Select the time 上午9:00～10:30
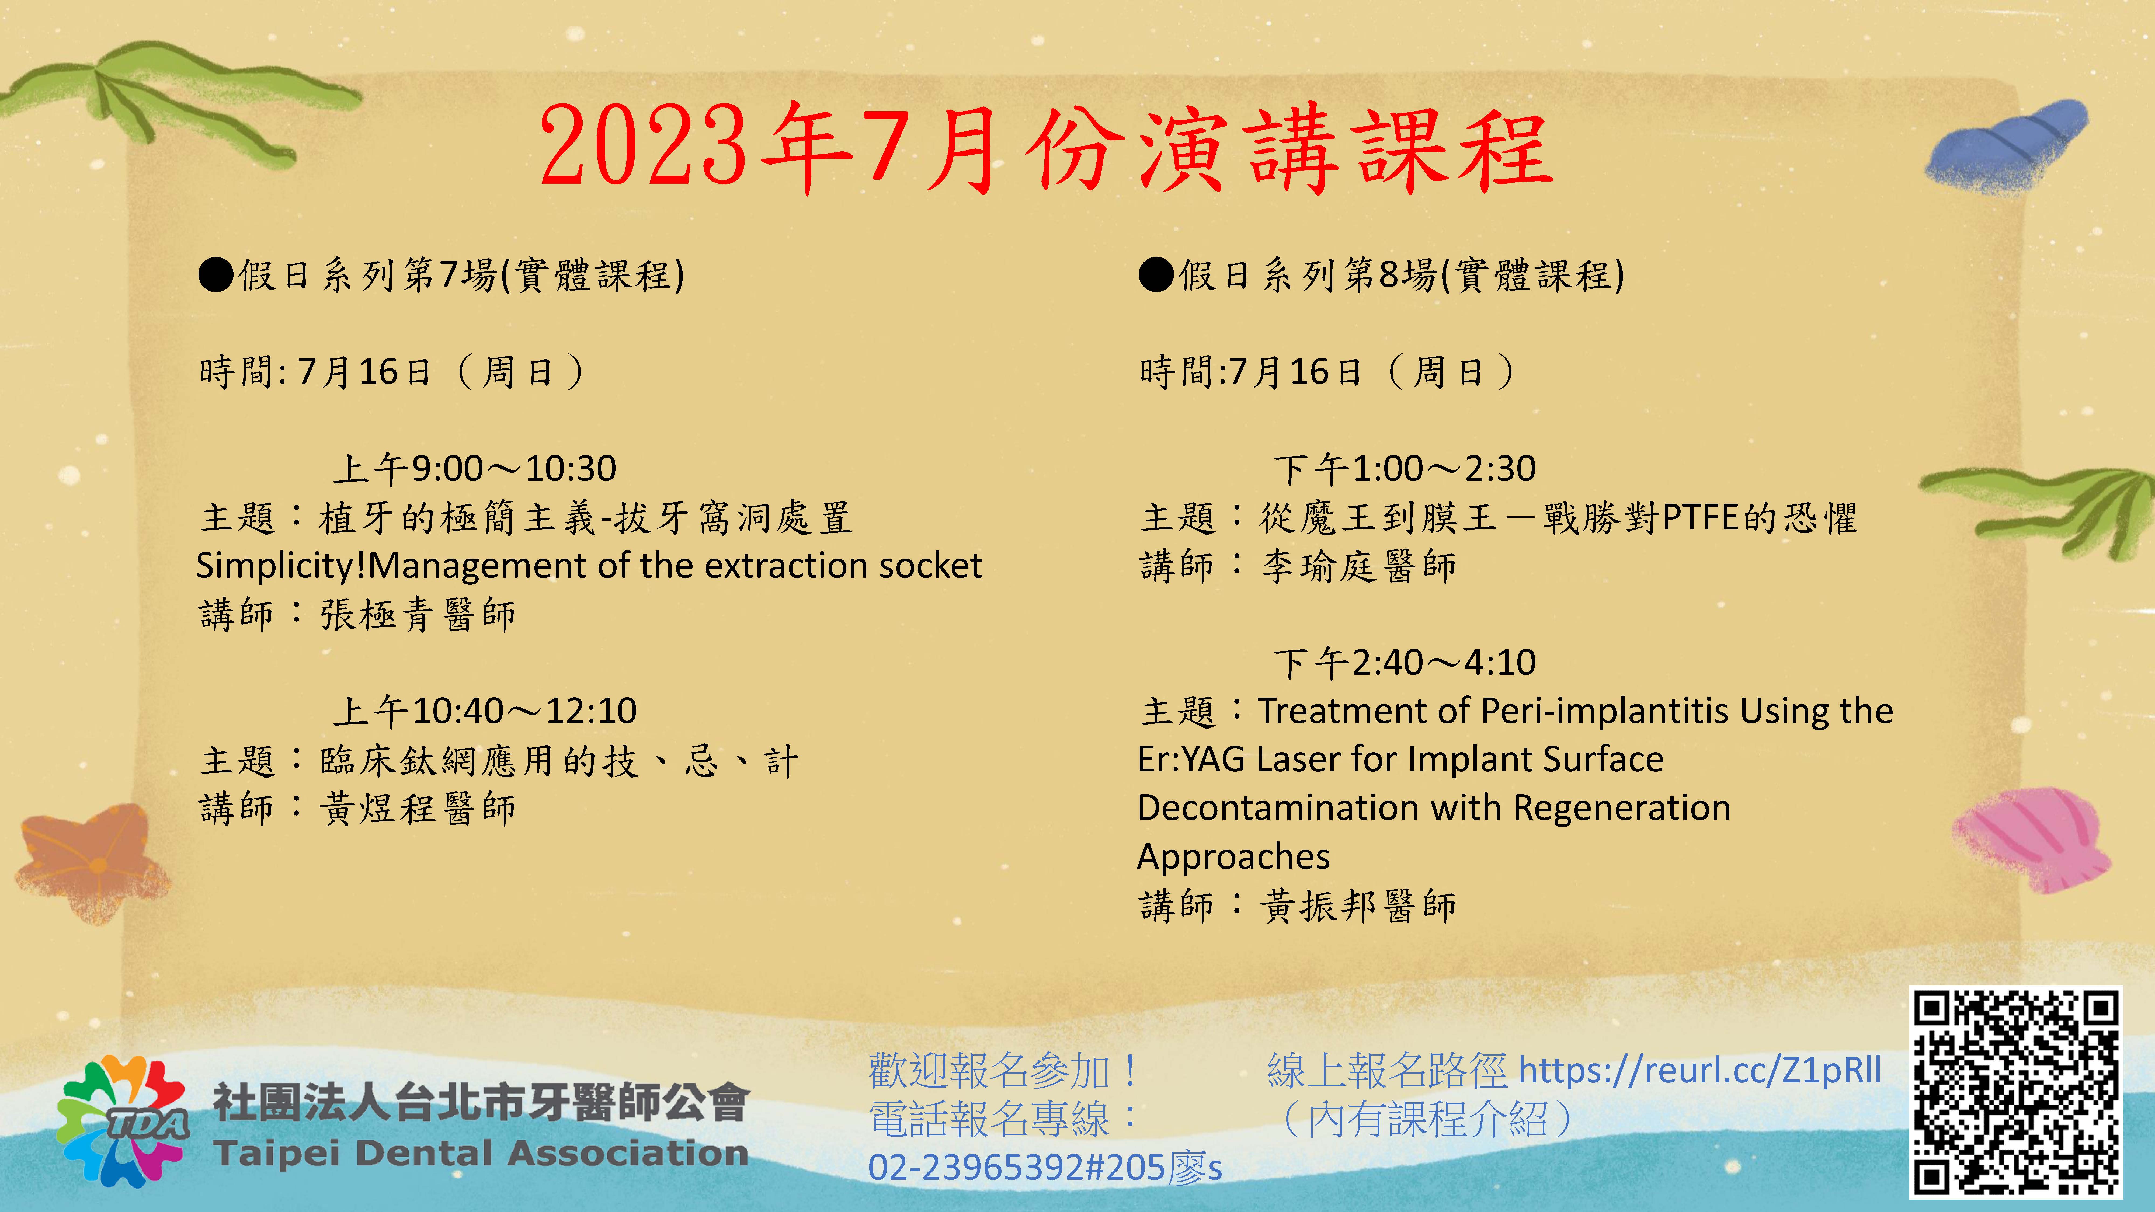(474, 468)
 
